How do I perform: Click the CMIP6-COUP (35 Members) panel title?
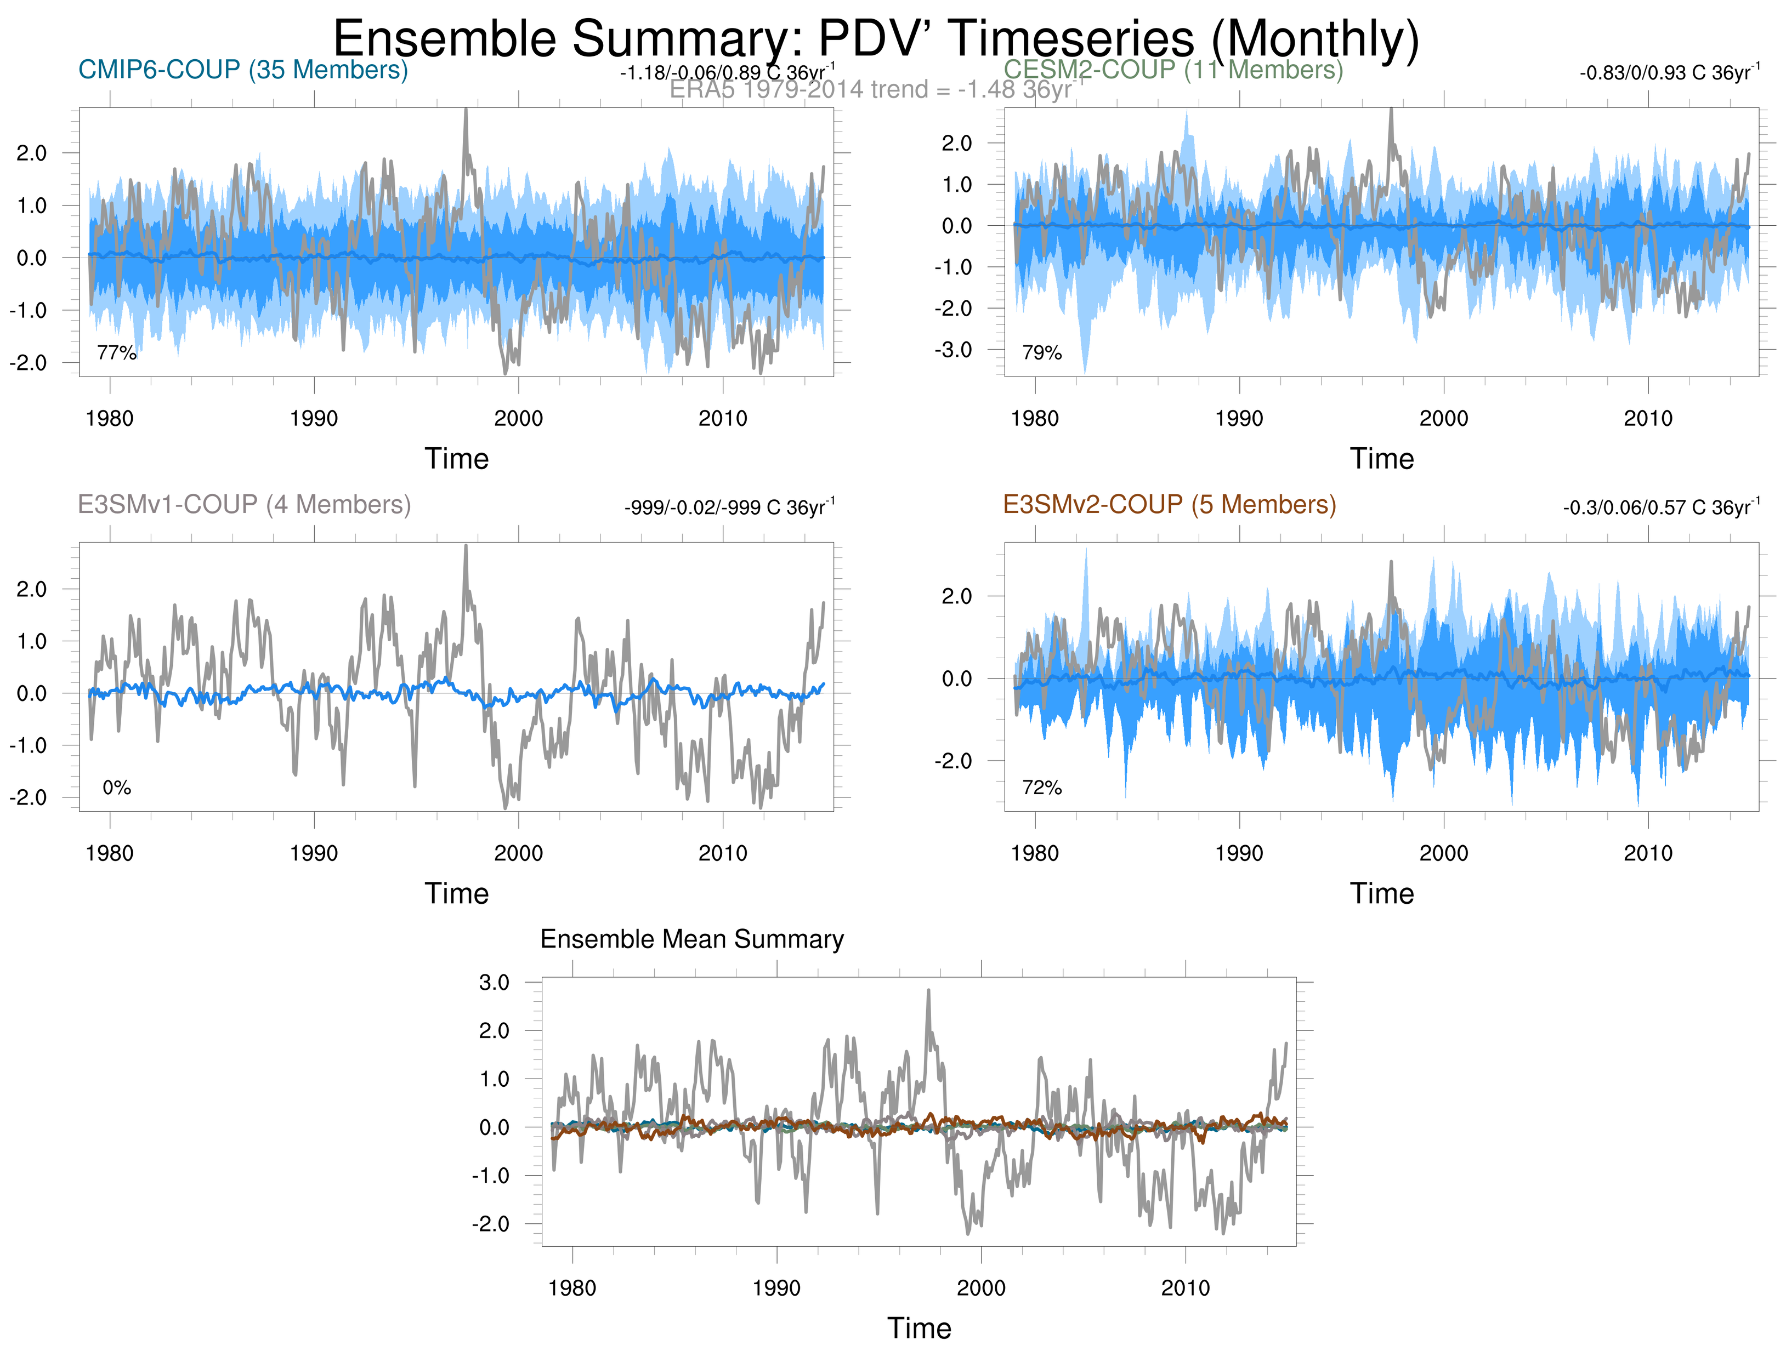pyautogui.click(x=242, y=70)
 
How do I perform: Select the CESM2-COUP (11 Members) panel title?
pyautogui.click(x=1172, y=70)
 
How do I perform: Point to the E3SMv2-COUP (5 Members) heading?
pyautogui.click(x=1169, y=504)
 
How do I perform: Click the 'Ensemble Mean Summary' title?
pyautogui.click(x=692, y=939)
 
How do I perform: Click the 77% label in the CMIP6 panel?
pyautogui.click(x=116, y=352)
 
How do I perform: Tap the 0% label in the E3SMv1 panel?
pyautogui.click(x=116, y=788)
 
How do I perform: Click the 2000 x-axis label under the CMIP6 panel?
pyautogui.click(x=518, y=418)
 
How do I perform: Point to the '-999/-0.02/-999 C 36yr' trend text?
pyautogui.click(x=729, y=508)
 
